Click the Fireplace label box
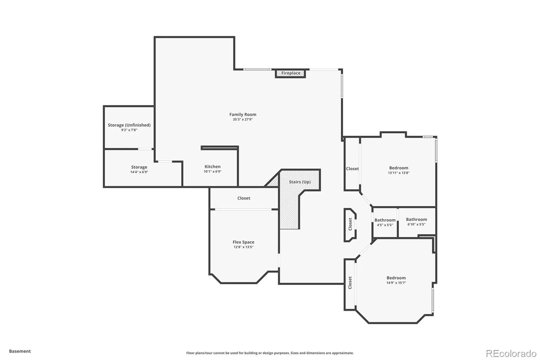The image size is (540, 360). click(x=291, y=73)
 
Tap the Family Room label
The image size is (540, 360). click(x=243, y=114)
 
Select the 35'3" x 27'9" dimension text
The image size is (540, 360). click(x=243, y=120)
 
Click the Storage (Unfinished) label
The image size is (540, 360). click(x=129, y=125)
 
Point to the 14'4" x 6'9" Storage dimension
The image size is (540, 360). click(x=139, y=172)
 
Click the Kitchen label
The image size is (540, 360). click(x=212, y=166)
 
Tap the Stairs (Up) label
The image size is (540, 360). click(x=300, y=182)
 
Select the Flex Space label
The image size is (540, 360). click(x=243, y=242)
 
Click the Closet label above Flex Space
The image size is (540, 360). click(x=244, y=198)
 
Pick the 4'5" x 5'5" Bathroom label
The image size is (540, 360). click(x=385, y=220)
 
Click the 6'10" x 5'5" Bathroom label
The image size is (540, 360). click(x=416, y=220)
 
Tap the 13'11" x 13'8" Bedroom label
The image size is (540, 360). click(x=399, y=168)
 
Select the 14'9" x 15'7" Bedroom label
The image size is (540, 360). click(x=396, y=278)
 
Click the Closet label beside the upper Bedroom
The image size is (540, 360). click(x=352, y=169)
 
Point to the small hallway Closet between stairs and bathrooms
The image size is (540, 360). click(x=350, y=224)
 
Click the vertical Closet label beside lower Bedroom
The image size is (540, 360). click(x=350, y=283)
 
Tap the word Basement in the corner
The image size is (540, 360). click(x=20, y=351)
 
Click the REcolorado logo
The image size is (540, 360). click(x=511, y=353)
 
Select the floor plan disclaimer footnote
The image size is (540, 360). click(x=270, y=353)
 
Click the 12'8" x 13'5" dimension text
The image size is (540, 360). click(x=243, y=247)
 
